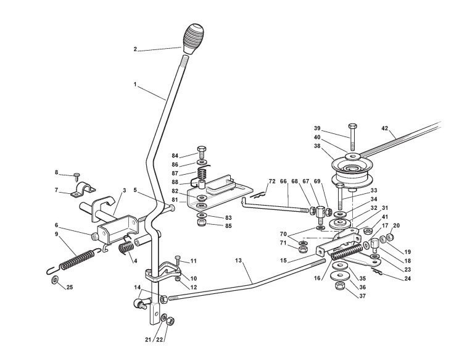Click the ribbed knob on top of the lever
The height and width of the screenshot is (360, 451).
[x=193, y=39]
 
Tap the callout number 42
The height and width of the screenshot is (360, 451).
[x=384, y=128]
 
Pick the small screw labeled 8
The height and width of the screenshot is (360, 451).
[x=77, y=176]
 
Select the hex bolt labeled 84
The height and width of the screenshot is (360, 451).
[x=201, y=152]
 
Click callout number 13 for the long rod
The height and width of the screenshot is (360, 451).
[x=238, y=261]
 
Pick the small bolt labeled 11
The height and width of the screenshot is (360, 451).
[x=178, y=260]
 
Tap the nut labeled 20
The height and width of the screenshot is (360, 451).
[x=389, y=237]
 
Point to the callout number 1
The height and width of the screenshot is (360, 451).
[x=135, y=85]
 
